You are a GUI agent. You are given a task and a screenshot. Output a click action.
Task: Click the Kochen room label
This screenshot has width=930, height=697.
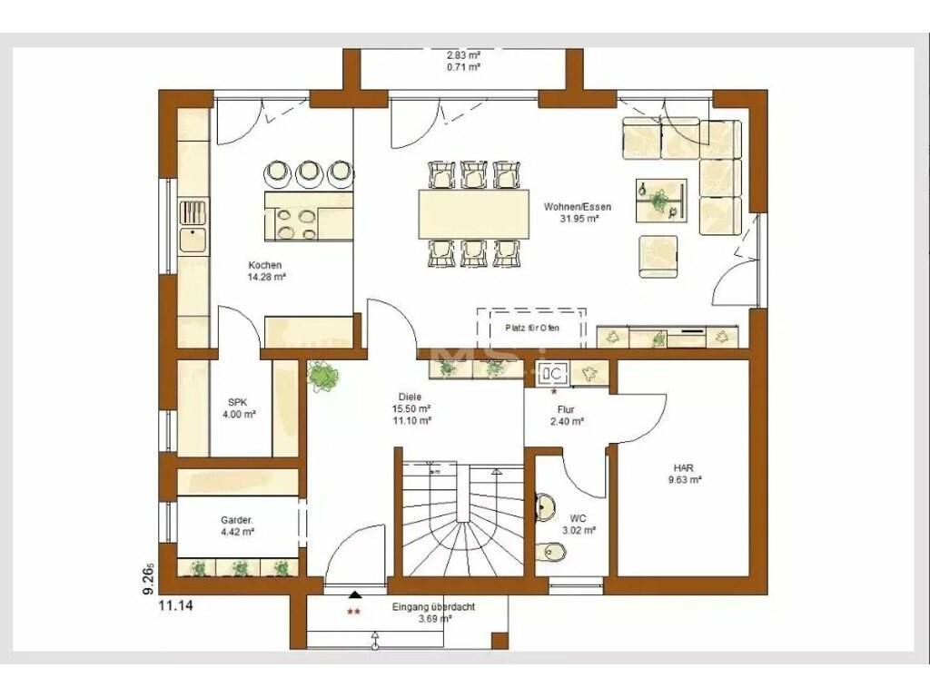click(265, 265)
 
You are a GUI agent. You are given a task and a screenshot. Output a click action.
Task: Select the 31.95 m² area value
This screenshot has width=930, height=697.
click(579, 218)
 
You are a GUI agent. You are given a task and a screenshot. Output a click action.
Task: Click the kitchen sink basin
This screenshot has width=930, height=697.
click(193, 240)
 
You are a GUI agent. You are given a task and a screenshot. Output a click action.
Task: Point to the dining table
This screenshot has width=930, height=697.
click(473, 213)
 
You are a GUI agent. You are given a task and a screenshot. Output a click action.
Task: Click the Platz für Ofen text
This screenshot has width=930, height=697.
click(532, 328)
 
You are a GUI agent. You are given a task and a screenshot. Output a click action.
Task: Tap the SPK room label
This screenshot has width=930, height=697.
click(239, 402)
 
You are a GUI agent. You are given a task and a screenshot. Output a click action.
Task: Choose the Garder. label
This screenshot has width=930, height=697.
click(237, 520)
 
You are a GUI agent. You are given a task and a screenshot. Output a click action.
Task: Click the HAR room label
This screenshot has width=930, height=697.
click(683, 468)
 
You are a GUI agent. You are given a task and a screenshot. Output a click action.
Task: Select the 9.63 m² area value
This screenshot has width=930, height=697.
click(685, 480)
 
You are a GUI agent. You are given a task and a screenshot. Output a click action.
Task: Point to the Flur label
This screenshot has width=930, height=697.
click(566, 409)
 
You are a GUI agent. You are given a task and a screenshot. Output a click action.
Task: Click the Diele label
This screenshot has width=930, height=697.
click(411, 398)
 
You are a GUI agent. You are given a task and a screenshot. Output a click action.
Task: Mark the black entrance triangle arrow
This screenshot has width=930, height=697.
click(355, 594)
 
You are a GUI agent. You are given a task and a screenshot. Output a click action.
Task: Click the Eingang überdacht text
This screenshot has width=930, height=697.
click(433, 607)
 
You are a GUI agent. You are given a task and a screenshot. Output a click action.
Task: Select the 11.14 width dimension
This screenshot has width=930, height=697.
click(175, 605)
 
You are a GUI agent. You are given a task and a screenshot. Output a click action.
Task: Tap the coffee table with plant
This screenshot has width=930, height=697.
click(662, 201)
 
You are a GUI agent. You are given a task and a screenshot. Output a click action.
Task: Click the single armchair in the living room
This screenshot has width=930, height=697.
click(658, 256)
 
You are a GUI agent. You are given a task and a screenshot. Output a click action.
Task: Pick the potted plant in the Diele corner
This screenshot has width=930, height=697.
click(323, 376)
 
